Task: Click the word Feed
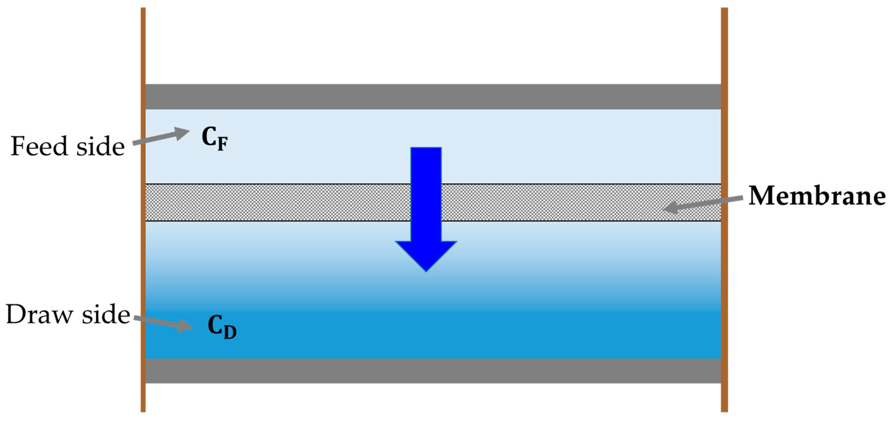[x=39, y=146]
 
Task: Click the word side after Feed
[x=101, y=146]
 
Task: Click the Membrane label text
[x=817, y=196]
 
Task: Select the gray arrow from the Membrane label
[x=703, y=203]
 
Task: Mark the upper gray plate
[x=433, y=97]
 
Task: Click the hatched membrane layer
[x=277, y=202]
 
